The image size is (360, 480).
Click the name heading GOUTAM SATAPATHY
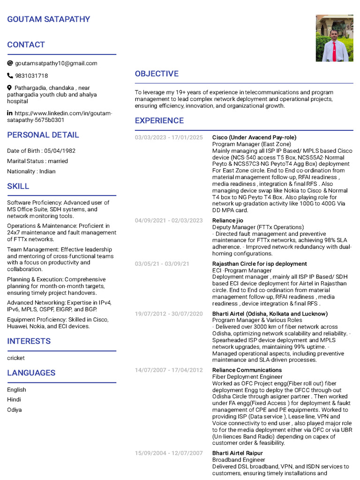coord(49,19)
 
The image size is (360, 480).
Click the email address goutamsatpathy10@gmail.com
coord(56,63)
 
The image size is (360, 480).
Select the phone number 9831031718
coord(31,75)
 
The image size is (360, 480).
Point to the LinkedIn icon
coord(10,113)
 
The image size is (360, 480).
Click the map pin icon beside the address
coord(10,88)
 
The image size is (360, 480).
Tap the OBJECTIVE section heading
coord(157,74)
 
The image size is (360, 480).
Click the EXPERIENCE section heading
coord(159,120)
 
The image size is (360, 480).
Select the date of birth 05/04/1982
coord(60,151)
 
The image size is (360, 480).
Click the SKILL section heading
coord(18,186)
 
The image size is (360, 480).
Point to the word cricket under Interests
coord(16,358)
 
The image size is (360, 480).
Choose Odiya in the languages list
coord(14,410)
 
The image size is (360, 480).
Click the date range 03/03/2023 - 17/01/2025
coord(169,137)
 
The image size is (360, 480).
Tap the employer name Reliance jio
coord(228,220)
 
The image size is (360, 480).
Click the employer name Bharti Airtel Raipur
coord(238,453)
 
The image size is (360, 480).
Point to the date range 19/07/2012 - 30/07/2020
coord(169,314)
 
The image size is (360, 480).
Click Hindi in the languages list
coord(14,399)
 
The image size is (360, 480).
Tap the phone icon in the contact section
coord(10,75)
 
